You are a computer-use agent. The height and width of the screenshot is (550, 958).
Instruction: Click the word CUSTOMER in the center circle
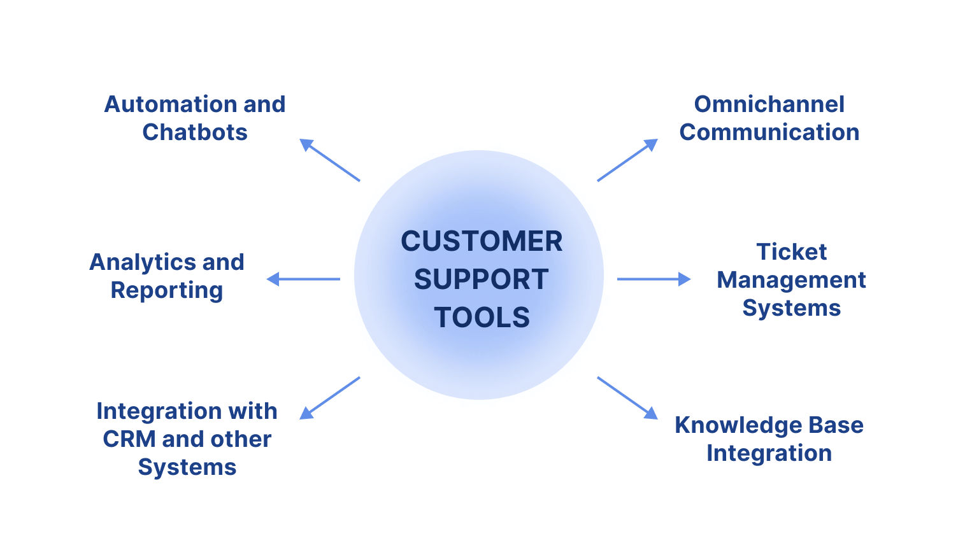click(x=482, y=242)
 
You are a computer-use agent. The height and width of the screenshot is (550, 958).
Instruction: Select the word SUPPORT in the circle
click(x=482, y=279)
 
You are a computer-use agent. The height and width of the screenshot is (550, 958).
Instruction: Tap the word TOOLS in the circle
click(x=482, y=318)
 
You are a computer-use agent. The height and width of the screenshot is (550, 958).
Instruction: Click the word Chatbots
click(x=195, y=132)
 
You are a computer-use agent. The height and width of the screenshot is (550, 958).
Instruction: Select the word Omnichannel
click(x=769, y=104)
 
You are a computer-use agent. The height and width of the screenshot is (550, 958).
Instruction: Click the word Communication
click(x=769, y=132)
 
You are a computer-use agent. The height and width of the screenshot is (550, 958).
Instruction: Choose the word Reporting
click(x=167, y=290)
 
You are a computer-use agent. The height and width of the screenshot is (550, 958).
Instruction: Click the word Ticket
click(x=791, y=252)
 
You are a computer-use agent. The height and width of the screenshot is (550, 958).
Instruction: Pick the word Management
click(x=791, y=280)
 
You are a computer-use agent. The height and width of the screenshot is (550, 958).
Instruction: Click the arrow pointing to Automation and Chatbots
click(x=330, y=160)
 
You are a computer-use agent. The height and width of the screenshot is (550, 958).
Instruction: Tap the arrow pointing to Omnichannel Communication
click(x=627, y=160)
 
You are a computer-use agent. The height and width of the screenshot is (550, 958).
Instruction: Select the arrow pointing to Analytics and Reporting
click(x=303, y=279)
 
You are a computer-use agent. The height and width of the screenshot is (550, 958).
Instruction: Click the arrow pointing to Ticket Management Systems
click(x=654, y=279)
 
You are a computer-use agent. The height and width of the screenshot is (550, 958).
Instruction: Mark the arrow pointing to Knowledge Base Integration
click(x=627, y=398)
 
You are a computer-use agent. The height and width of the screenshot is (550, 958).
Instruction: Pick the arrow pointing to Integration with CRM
click(x=330, y=398)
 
